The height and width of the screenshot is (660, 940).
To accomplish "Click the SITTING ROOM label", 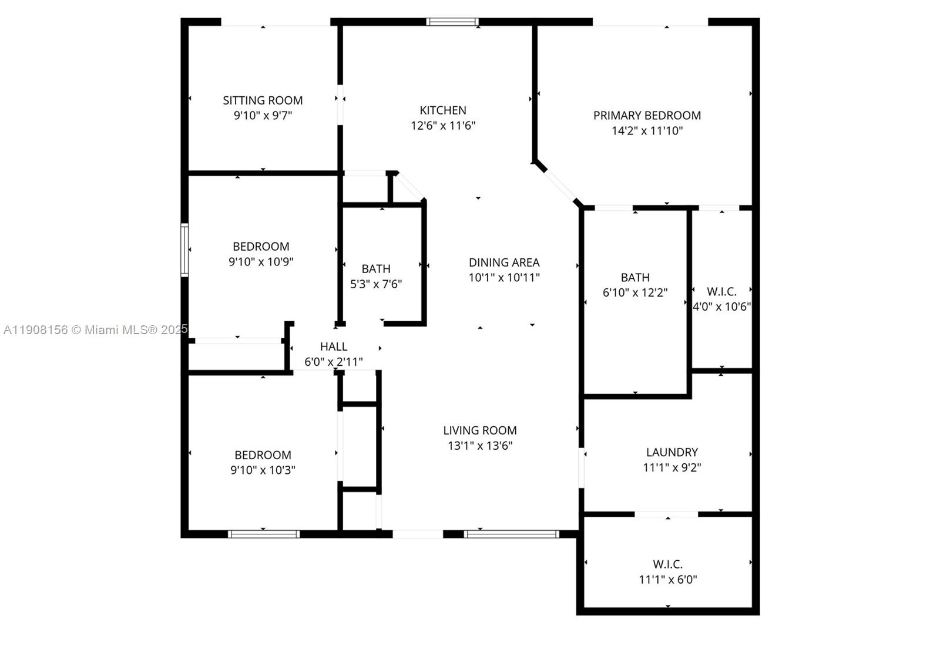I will coord(263,100).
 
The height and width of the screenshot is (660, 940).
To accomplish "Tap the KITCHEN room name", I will coord(443,110).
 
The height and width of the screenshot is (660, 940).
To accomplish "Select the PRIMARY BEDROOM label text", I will coord(647,116).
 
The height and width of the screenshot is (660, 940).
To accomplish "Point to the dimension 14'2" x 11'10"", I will coord(647,131).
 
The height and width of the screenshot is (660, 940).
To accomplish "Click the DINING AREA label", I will coord(504,262).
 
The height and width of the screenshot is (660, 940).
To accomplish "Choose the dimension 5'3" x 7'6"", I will coord(376,284).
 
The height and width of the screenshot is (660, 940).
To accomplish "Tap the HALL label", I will coord(334,346).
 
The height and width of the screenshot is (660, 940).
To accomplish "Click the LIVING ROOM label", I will coord(480,430).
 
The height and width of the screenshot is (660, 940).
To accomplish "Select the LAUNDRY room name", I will coord(672,452).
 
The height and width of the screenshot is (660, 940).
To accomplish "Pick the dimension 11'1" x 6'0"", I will coord(668,580).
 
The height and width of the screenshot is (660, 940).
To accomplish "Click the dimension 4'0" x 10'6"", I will coord(722,307).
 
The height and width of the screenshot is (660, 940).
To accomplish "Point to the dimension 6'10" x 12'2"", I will coord(635,292).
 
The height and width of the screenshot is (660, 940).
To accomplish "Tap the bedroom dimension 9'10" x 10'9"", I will coord(261,262).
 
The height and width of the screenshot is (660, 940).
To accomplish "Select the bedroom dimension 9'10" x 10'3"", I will coord(263,470).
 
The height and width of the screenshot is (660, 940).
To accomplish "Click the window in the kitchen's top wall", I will coord(452,22).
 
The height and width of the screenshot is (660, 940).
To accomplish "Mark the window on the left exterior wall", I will coord(184,250).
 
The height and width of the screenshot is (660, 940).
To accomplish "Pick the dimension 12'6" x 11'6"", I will coord(443,125).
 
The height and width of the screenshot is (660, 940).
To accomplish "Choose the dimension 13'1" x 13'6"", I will coord(480,446).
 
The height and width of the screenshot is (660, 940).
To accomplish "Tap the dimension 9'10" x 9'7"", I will coord(263,115).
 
